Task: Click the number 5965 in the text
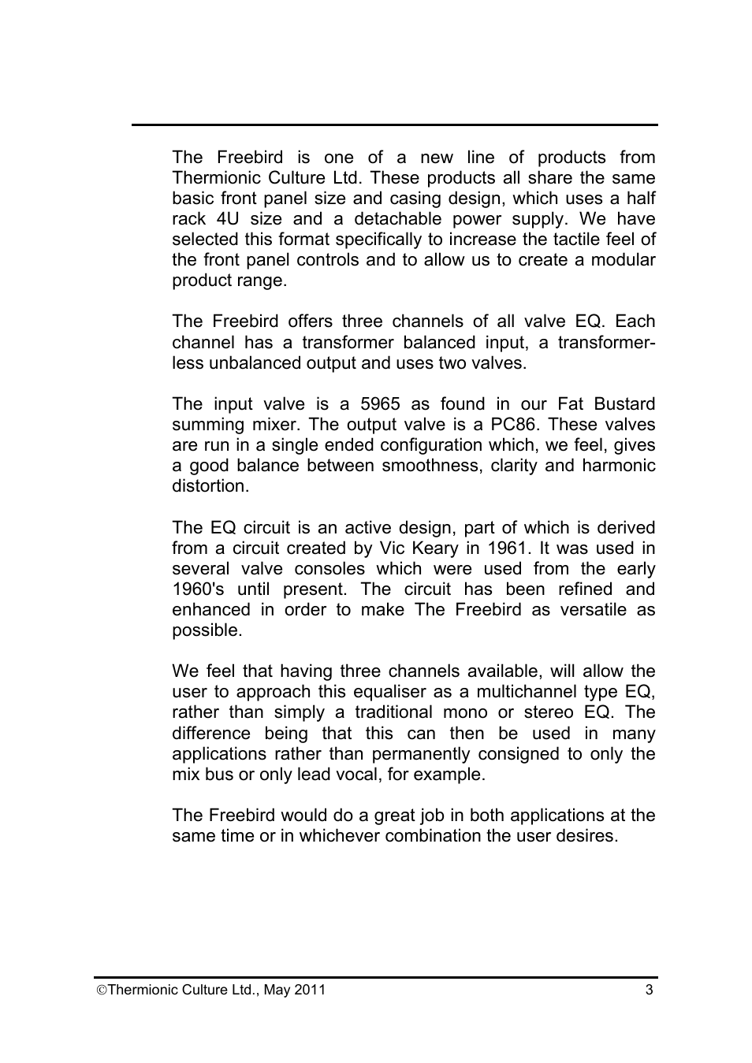(380, 404)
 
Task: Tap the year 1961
(508, 548)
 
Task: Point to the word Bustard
(624, 404)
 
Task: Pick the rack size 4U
(228, 219)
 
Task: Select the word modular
(623, 260)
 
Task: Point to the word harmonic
(619, 466)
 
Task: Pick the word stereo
(549, 712)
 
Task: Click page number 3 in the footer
(650, 990)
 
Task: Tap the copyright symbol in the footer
(101, 991)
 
